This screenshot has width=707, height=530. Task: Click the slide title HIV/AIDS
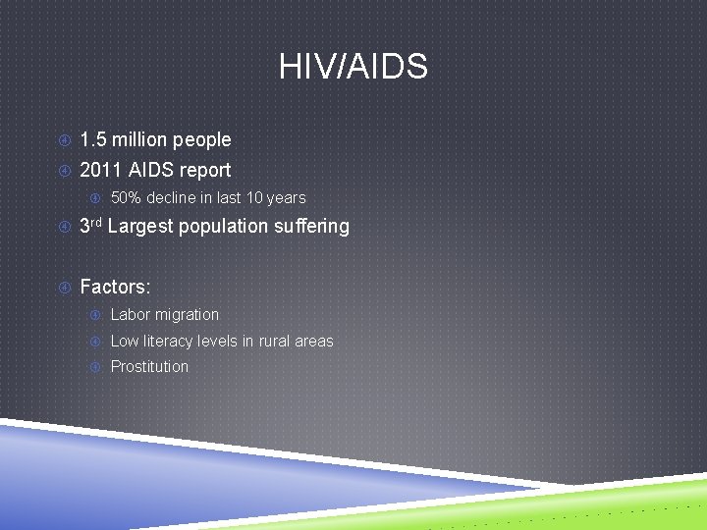point(353,68)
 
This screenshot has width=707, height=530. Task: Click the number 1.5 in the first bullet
point(92,140)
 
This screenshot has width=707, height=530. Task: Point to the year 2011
point(99,170)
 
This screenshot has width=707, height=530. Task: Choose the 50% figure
point(126,198)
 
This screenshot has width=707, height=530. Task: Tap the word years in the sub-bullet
point(285,198)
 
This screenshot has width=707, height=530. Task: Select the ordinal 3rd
point(90,226)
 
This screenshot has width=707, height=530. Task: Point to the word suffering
point(312,227)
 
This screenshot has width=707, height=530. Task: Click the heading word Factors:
point(115,288)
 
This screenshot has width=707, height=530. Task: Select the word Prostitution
point(149,367)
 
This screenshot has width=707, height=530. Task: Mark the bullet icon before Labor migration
point(96,315)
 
